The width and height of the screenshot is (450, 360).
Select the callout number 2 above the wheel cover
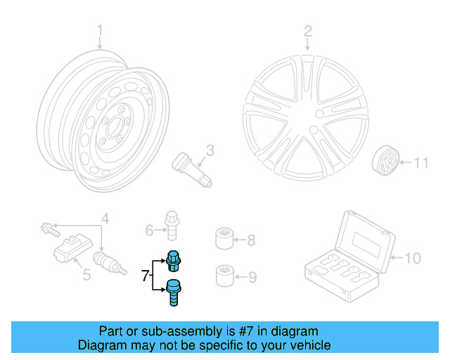coord(307,30)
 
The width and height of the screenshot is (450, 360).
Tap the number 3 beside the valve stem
coord(210,149)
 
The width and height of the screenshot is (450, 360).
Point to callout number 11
coord(420,163)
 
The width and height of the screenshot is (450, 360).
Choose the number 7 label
coord(145,276)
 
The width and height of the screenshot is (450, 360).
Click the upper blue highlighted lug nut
coord(173,261)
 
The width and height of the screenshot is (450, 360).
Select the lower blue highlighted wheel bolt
coord(173,292)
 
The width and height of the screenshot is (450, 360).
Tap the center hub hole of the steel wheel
coord(112,127)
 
